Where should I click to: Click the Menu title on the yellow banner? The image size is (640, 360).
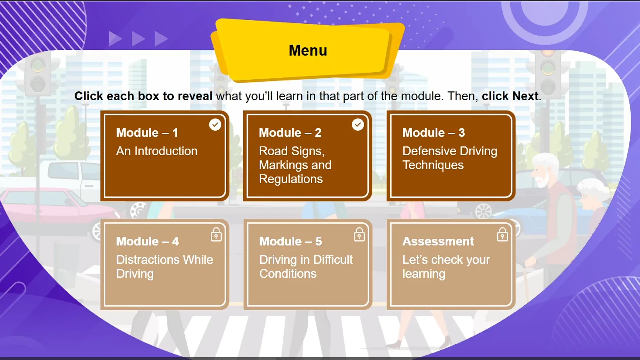(x=308, y=50)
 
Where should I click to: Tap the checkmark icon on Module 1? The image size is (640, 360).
(x=215, y=125)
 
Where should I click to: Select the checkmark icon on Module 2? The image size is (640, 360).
(x=358, y=125)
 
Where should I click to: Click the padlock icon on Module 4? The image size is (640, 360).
(x=216, y=234)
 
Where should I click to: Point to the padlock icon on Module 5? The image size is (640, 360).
(x=359, y=234)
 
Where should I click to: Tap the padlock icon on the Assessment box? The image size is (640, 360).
(x=502, y=234)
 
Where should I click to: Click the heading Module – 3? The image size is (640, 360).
(x=433, y=133)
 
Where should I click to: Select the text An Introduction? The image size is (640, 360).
(x=157, y=151)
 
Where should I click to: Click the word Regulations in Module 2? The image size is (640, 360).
(x=291, y=179)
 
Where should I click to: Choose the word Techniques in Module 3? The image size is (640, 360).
(x=433, y=165)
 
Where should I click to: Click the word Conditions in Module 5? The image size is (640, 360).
(x=288, y=274)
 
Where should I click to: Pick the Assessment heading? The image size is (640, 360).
(x=438, y=241)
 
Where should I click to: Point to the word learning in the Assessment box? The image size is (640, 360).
(x=424, y=274)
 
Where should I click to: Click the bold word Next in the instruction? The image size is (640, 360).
(x=525, y=96)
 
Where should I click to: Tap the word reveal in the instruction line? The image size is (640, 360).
(x=195, y=96)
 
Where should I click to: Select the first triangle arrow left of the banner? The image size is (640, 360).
(x=115, y=39)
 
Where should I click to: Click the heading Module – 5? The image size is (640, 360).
(x=290, y=241)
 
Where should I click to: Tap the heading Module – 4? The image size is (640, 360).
(x=147, y=241)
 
